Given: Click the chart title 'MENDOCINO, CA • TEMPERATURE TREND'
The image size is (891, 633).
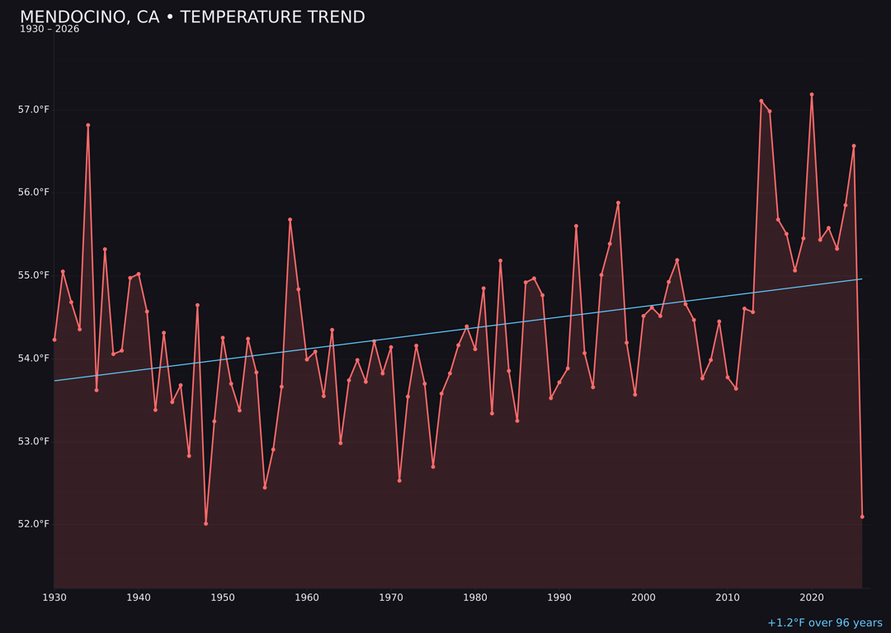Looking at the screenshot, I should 192,17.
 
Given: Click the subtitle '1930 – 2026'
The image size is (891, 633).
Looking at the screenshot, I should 49,30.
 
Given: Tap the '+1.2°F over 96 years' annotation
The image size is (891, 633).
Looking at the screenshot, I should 824,623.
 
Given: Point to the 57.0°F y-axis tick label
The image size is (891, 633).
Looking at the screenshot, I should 33,110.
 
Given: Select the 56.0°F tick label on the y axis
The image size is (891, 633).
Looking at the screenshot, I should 33,193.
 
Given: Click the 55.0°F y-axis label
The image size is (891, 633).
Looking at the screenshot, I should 33,275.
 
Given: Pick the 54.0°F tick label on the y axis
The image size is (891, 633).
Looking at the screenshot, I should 33,359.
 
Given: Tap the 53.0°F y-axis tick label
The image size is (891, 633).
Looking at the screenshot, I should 33,442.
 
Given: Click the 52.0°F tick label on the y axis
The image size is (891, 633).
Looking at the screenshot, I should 33,524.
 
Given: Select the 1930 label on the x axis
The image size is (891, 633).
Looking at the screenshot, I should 54,598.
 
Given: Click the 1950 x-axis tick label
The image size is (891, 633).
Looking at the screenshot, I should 223,598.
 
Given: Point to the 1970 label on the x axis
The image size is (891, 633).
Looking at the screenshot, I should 391,598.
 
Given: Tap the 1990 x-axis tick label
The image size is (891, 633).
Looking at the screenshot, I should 559,598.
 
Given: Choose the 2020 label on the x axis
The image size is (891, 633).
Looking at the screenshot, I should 812,598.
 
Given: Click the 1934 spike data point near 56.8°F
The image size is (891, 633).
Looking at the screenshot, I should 88,125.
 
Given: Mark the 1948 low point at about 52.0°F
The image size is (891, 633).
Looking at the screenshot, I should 206,523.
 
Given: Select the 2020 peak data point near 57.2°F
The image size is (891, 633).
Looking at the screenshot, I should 812,95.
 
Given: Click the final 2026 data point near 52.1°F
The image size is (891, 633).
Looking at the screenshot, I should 862,517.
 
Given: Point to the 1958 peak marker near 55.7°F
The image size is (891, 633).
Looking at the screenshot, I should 290,220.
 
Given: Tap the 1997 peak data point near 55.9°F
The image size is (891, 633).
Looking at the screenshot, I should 618,203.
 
